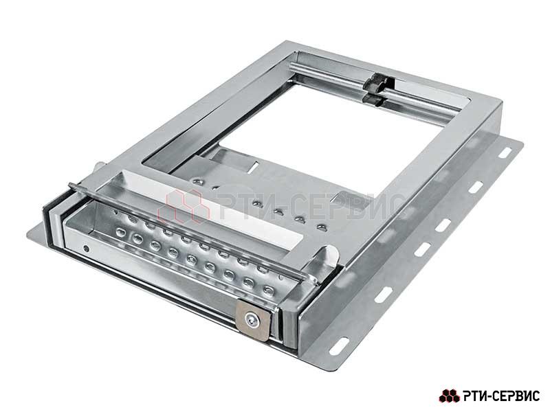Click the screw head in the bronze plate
(x=252, y=320)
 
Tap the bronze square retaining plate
(x=252, y=320)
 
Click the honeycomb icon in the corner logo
(x=450, y=396)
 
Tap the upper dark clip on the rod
(x=377, y=82)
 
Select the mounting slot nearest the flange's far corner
(x=505, y=153)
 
